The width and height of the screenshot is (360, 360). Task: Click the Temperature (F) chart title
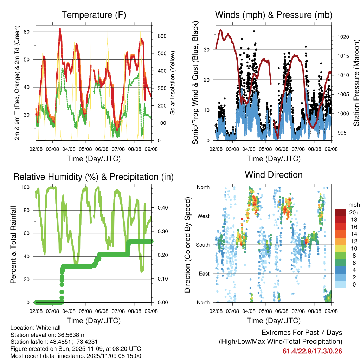click(x=94, y=15)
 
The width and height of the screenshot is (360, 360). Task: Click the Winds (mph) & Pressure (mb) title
click(x=274, y=15)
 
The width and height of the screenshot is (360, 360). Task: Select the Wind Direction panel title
click(x=274, y=175)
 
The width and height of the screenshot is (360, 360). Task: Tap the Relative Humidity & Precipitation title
click(x=94, y=177)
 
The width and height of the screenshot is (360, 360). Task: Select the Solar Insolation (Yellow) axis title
click(x=173, y=83)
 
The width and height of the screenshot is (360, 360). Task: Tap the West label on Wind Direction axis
click(x=203, y=216)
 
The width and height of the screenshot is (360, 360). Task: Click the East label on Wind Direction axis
click(x=204, y=274)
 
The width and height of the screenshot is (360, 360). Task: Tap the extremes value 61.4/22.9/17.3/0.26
click(x=312, y=351)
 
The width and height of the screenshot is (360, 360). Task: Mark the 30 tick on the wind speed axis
click(x=207, y=50)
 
